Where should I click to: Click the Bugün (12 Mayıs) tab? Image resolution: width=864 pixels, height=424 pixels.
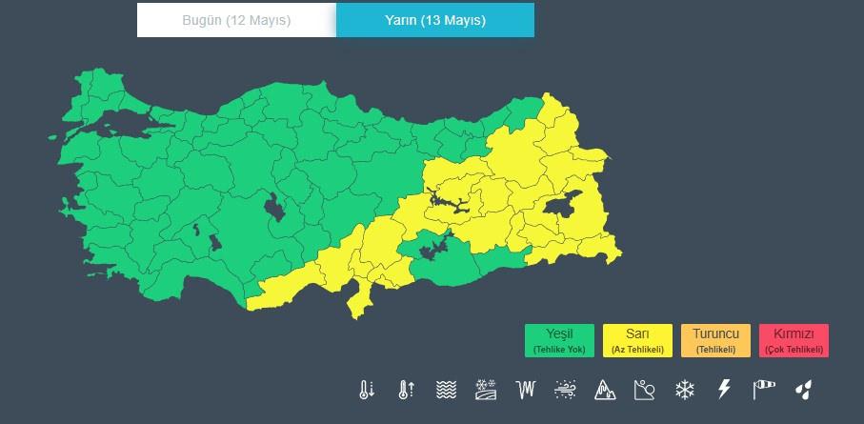pos(236,20)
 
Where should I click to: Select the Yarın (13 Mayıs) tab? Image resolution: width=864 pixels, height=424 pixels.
pos(435,20)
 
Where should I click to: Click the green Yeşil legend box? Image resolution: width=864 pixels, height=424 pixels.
pos(559,340)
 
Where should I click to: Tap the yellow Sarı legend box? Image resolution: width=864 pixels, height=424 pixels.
pos(637,340)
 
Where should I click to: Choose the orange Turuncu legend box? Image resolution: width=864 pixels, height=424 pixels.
pos(715,340)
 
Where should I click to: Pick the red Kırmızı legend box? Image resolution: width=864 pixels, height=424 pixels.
pos(794,340)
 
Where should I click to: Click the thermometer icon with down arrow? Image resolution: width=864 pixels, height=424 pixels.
pos(366,390)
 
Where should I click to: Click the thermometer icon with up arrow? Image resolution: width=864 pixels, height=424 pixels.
pos(406,390)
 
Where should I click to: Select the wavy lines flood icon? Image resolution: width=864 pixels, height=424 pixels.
pos(446,390)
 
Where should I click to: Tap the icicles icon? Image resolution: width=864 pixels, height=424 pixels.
pos(526,390)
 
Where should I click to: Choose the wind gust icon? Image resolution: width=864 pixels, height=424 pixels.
pos(566,390)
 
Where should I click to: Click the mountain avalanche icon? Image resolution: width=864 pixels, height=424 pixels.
pos(605,390)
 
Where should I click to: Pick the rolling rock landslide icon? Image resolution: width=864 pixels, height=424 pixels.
pos(645,390)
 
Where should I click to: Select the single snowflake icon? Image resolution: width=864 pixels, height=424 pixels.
pos(684,390)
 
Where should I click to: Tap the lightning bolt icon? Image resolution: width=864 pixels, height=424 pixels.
pos(724,390)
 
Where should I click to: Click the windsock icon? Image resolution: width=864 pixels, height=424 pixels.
pos(764,390)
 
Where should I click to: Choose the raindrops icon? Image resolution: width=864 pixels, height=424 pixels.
pos(805,390)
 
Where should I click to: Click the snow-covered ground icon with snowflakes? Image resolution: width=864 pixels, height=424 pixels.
pos(486,390)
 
